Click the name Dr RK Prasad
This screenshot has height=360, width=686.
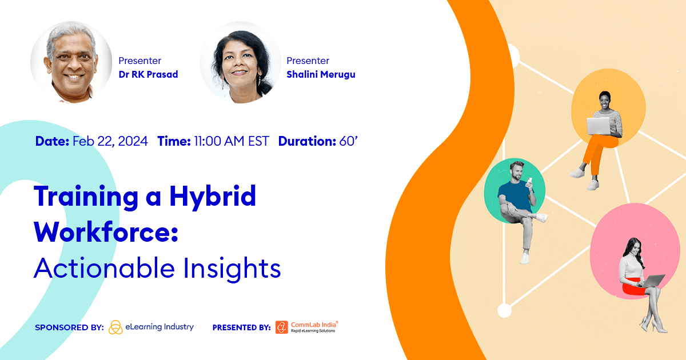tap(148, 74)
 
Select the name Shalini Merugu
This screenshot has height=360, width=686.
tap(321, 74)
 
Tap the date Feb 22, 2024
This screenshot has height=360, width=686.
tap(110, 141)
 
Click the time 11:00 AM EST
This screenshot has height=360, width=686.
tap(230, 141)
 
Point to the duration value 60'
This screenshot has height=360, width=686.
tap(348, 141)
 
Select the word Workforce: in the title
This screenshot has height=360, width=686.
tap(106, 232)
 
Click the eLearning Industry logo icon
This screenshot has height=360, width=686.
tap(115, 327)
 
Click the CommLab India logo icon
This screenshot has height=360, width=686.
tap(281, 327)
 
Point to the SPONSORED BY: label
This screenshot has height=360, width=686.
tap(69, 327)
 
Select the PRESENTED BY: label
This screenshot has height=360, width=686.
tap(241, 327)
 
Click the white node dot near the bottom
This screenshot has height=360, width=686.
tap(504, 310)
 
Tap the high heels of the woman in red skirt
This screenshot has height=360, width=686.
tap(652, 327)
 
